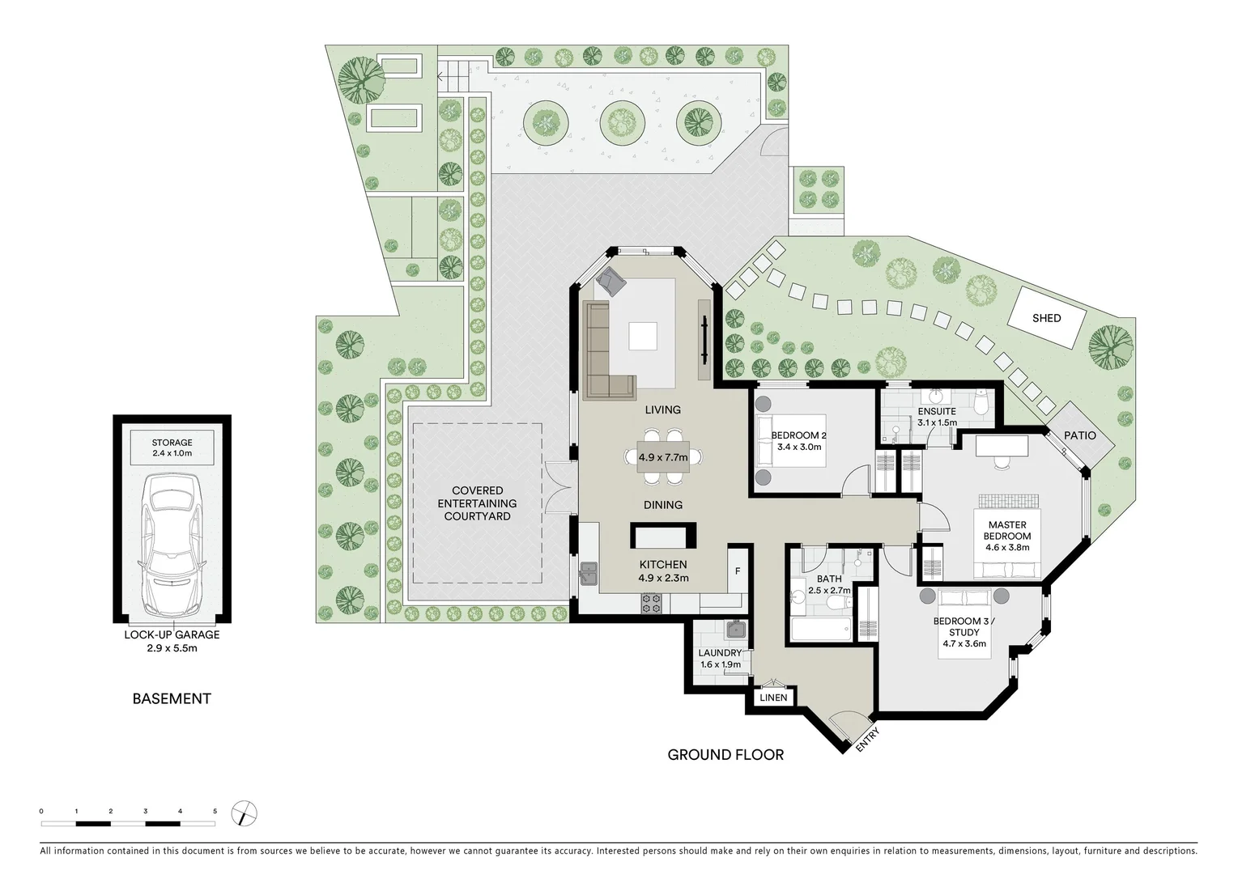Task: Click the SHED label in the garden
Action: coord(1046,318)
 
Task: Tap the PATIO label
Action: coord(1079,435)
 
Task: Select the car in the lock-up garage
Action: coord(172,546)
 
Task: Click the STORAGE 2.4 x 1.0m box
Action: coord(172,448)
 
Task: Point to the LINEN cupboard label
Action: coord(773,697)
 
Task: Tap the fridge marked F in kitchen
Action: coord(737,571)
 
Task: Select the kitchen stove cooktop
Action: coord(652,603)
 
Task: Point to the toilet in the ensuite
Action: coord(982,403)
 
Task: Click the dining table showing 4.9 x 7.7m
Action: coord(663,457)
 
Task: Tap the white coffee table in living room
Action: coord(644,335)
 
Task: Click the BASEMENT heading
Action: coord(172,698)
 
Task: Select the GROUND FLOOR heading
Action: coord(725,755)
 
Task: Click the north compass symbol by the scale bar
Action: coord(244,813)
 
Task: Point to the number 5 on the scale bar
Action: coord(215,811)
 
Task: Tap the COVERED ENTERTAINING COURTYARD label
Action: coord(477,503)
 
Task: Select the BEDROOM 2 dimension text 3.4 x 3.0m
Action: coord(798,447)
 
